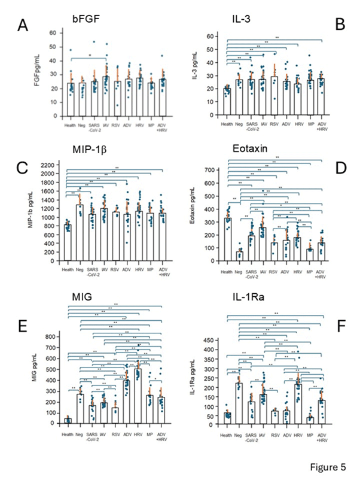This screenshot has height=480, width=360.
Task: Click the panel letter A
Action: [x=24, y=26]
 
